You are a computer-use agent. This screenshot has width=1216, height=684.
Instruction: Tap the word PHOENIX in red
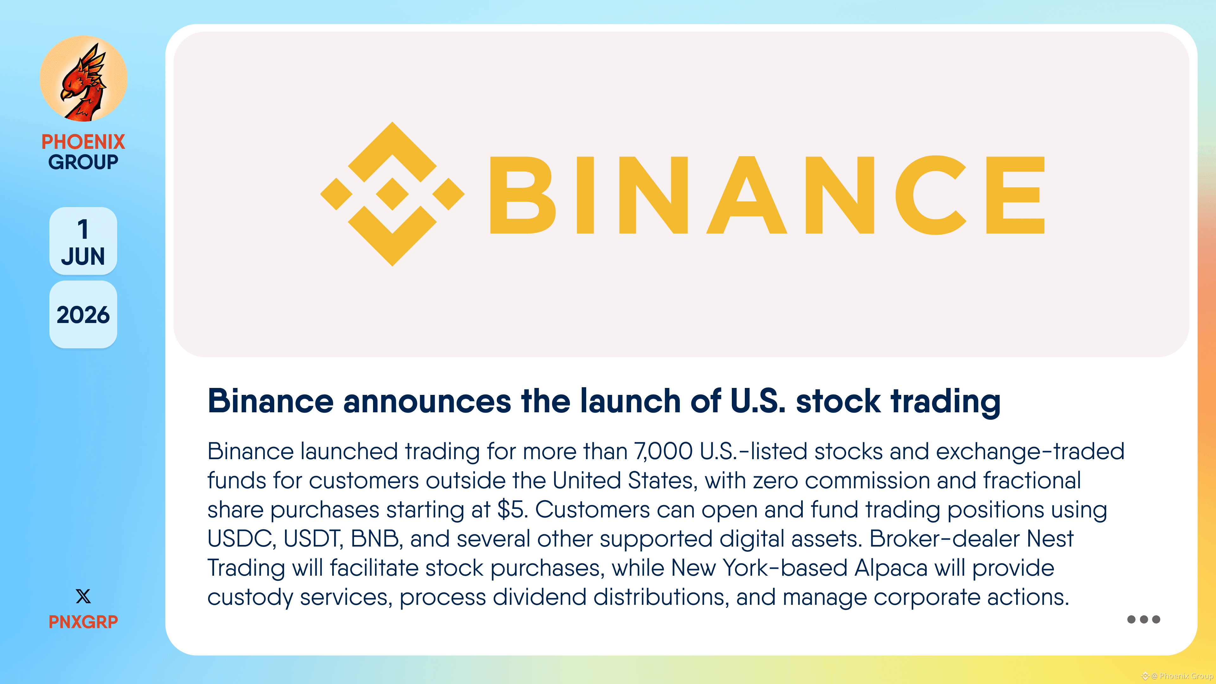(83, 142)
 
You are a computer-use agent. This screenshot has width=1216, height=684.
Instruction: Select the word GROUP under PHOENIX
(83, 162)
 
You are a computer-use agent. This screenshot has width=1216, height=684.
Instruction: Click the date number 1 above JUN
(83, 229)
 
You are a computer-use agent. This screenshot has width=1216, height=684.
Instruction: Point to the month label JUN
(83, 256)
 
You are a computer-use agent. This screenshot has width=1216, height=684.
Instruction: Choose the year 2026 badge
(83, 315)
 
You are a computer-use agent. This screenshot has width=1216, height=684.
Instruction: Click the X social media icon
(83, 596)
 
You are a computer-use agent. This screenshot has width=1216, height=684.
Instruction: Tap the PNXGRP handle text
(83, 622)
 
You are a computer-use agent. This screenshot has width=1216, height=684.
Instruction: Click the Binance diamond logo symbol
(392, 194)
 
